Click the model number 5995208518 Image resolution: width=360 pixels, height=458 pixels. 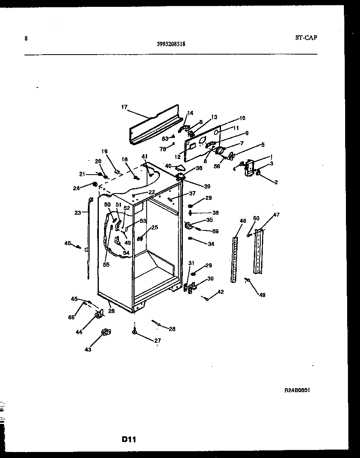pos(171,45)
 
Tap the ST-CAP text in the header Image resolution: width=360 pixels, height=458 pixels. pos(306,38)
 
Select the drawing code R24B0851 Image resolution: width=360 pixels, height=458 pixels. pos(297,390)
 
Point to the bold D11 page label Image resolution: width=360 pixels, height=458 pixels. pos(129,440)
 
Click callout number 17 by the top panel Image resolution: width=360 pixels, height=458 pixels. pos(124,107)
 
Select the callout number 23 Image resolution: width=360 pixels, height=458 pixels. pos(78,213)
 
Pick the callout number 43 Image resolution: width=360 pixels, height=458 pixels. pos(88,349)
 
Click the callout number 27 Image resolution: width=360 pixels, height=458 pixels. pos(157,340)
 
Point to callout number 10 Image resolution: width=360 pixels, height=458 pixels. pos(242,118)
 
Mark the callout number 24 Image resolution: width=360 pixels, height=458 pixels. pos(76,187)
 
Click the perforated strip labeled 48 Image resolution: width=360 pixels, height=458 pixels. pos(234,259)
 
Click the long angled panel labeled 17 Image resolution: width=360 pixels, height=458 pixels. pos(155,126)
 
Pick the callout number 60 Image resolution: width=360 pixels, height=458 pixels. pos(256,218)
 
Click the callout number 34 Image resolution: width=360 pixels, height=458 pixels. pos(211,244)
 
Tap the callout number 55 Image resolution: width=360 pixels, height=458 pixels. pos(106,265)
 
